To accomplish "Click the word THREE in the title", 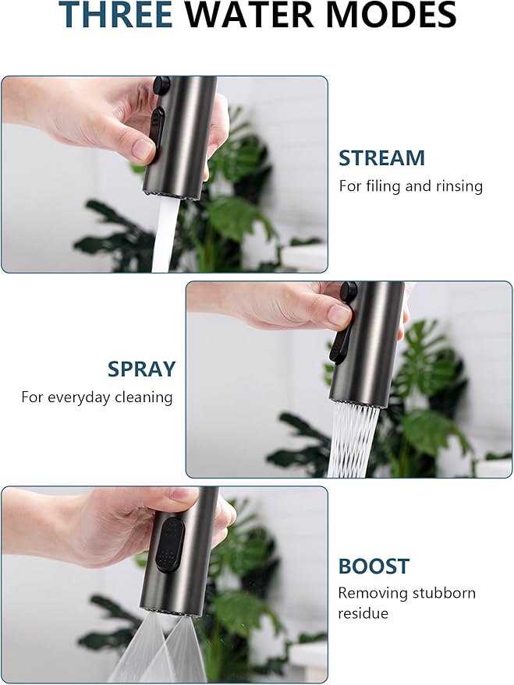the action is click(115, 14).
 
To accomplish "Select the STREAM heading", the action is click(381, 157).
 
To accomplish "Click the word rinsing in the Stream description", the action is click(459, 186).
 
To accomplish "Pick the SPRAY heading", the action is click(141, 369).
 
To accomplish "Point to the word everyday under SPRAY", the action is click(79, 397).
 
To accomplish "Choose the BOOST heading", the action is click(374, 567).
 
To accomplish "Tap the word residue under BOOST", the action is click(363, 613).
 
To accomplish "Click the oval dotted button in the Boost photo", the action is click(170, 546).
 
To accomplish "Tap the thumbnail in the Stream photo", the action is click(143, 148).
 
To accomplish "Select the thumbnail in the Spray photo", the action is click(338, 314).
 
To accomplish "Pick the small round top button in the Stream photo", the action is click(162, 85).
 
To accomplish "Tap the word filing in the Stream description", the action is click(385, 186).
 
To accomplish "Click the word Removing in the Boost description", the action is click(373, 593).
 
